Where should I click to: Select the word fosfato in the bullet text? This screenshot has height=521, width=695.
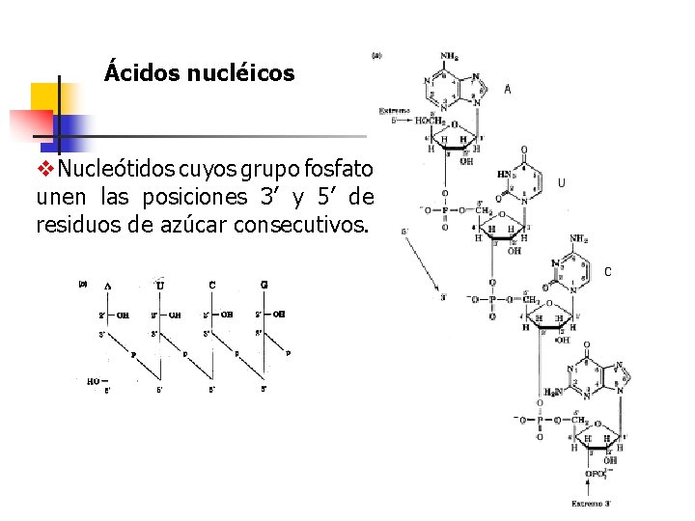pos(339,170)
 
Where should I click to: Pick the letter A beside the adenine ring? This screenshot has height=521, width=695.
pos(508,90)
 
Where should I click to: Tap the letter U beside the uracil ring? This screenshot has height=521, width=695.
pos(562,182)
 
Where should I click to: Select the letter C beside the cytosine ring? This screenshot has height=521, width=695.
pos(608,272)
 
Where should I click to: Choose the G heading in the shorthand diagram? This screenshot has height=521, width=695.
pos(264,285)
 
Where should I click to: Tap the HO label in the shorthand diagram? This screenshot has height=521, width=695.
pos(94,381)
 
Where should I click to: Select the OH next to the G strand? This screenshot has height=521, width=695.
pos(279,314)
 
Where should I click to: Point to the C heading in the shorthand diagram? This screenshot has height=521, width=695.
pos(211,285)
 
